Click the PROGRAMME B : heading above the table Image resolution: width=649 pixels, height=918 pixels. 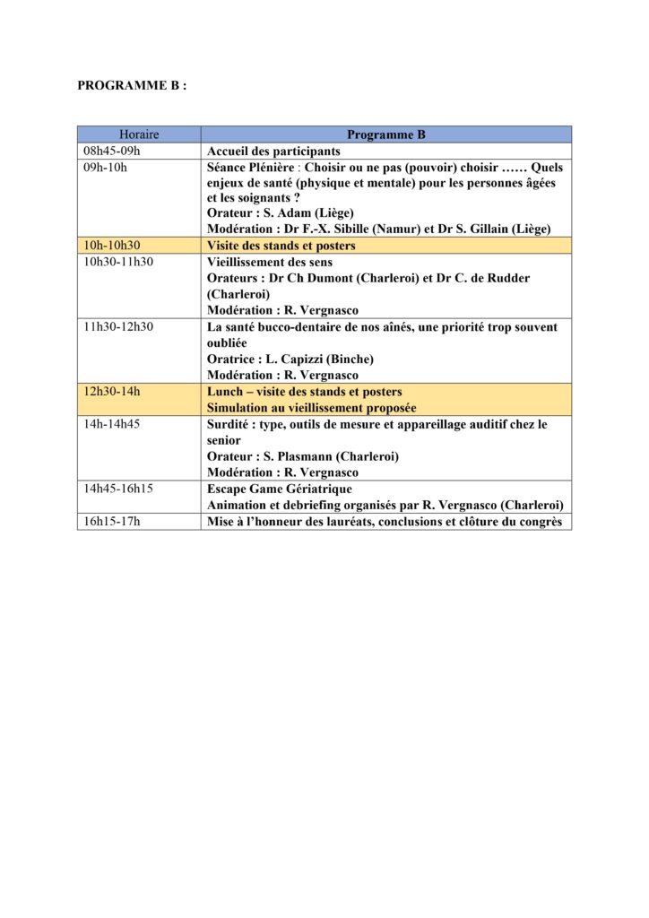(132, 87)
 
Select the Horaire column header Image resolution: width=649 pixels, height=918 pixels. (139, 134)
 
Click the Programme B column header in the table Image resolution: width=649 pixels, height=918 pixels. (385, 134)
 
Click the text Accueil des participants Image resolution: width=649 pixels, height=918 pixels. (273, 152)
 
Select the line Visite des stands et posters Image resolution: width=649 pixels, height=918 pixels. (281, 246)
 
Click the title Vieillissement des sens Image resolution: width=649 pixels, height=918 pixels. (270, 262)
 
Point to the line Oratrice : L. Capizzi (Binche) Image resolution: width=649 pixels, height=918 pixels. (290, 359)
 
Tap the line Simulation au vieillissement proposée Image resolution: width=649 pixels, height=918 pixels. (312, 408)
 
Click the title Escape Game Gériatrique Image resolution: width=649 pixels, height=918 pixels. (280, 489)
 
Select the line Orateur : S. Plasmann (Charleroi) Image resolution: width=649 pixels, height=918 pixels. (303, 456)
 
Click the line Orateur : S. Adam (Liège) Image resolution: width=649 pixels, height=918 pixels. (281, 213)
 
